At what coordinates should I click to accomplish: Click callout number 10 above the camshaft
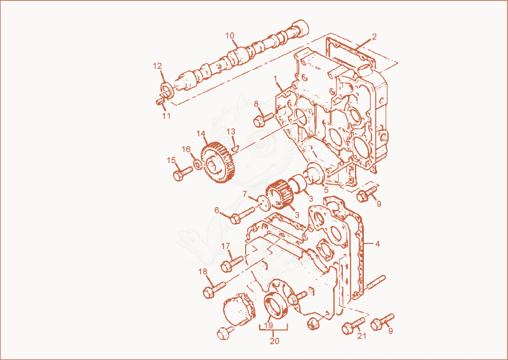tap(230, 36)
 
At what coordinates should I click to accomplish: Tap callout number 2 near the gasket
tap(374, 37)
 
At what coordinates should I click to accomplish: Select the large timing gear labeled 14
tap(218, 162)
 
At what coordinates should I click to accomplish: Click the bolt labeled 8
tap(264, 119)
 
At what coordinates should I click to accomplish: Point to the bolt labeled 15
tap(183, 173)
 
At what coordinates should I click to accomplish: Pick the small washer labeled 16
tap(197, 164)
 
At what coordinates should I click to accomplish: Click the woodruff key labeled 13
tap(236, 147)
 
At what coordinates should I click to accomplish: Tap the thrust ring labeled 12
tap(167, 90)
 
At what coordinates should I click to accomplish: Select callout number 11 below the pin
tap(166, 116)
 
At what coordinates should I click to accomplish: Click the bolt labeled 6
tap(243, 215)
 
